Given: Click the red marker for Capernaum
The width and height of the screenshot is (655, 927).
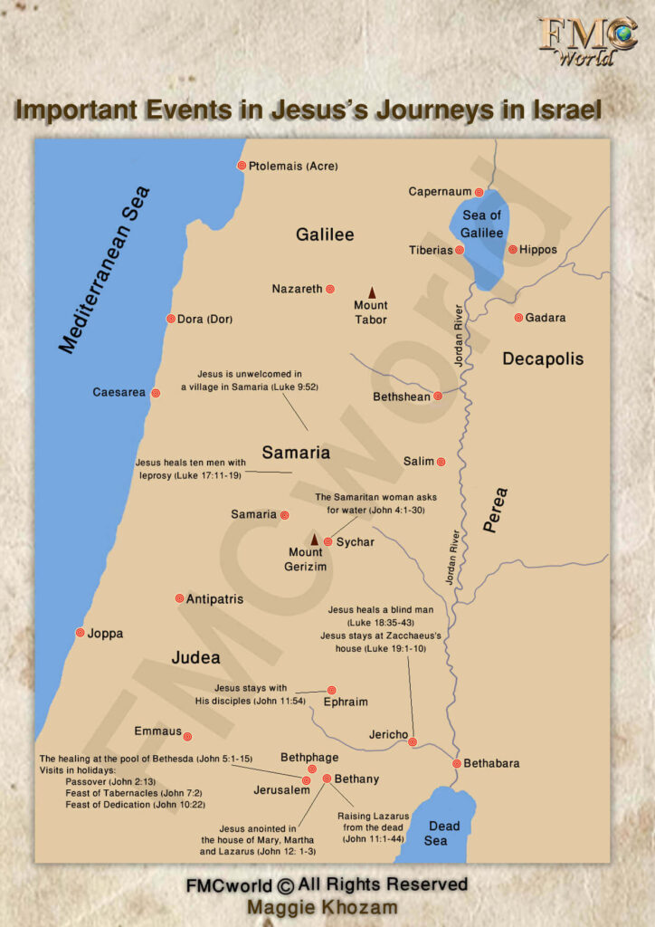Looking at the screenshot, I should (479, 192).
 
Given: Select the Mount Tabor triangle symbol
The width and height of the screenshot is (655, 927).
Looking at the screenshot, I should (371, 291).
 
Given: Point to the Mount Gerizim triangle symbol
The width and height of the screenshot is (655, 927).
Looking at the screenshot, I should (315, 539).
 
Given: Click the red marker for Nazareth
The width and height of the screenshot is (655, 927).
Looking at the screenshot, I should (330, 289).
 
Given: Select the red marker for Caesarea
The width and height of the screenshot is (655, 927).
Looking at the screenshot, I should (156, 393).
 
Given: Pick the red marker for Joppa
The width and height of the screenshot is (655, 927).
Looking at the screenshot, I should (80, 633).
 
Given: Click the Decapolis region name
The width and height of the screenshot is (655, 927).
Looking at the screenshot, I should (543, 358).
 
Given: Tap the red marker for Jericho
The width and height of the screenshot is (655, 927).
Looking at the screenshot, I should (413, 742).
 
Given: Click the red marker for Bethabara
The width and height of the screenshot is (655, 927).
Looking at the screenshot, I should (457, 763).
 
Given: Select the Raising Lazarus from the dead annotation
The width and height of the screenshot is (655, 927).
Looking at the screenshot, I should (374, 827).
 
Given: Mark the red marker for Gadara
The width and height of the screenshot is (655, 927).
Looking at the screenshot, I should (518, 318).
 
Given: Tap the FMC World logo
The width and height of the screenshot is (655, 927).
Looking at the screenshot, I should (587, 40).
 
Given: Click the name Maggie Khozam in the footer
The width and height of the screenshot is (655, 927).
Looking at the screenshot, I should (327, 907).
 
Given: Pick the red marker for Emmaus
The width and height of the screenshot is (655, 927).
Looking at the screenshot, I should (187, 735).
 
